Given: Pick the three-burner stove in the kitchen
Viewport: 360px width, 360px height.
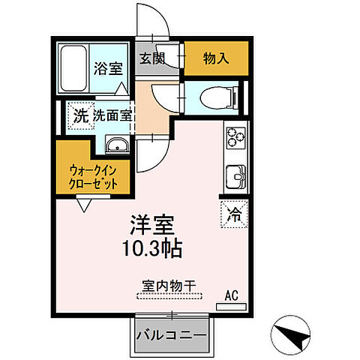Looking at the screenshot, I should tap(234, 140).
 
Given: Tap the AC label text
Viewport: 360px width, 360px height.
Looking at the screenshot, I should tap(230, 295).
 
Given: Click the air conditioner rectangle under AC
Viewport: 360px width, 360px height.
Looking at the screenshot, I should tap(230, 306).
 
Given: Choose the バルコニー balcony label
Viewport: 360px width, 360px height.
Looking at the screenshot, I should tap(171, 335).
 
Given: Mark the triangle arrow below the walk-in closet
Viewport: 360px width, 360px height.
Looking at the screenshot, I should tap(84, 203).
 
